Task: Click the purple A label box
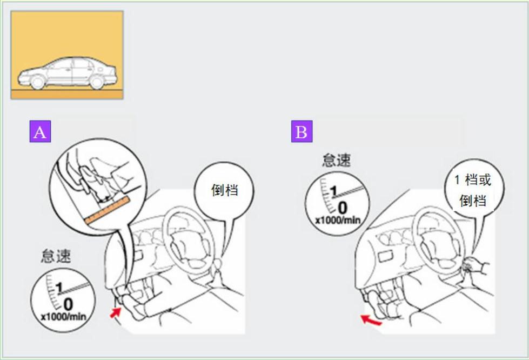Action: [x=40, y=131]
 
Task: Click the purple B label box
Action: [x=302, y=131]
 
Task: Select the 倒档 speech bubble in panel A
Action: [x=224, y=190]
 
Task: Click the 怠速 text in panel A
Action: [x=56, y=256]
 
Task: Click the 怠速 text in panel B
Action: [x=336, y=159]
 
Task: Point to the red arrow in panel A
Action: [x=116, y=313]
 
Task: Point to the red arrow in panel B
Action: [x=371, y=320]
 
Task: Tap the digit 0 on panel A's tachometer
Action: [x=68, y=304]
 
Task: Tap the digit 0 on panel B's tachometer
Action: [x=342, y=208]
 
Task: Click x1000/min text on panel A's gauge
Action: [x=63, y=317]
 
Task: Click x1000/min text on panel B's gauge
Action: [x=338, y=221]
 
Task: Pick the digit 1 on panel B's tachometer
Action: [x=333, y=191]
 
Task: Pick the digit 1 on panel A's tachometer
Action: [x=59, y=288]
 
